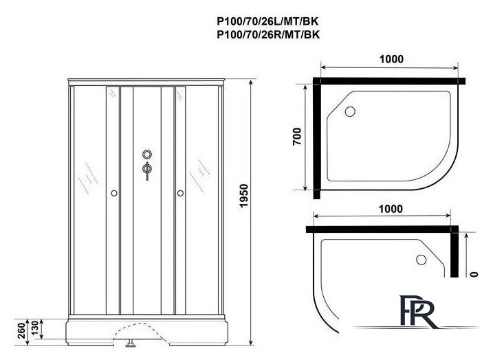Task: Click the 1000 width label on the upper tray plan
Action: [x=390, y=60]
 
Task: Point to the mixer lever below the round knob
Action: [x=146, y=170]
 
